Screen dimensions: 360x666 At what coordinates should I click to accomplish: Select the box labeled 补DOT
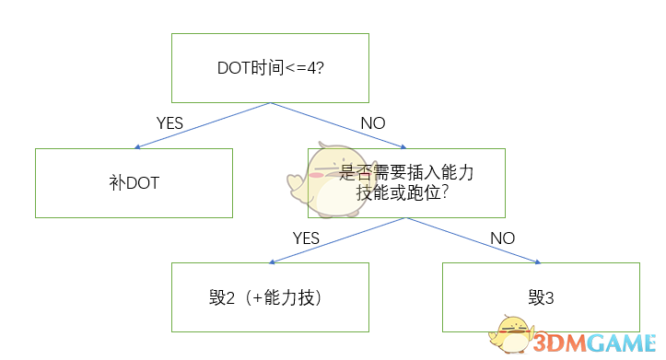134,182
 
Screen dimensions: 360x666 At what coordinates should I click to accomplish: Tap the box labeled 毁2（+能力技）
270,296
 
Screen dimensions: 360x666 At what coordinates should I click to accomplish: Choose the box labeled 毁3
540,296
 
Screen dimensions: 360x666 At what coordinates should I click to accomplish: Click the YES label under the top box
170,122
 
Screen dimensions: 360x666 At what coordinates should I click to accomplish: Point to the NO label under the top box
372,122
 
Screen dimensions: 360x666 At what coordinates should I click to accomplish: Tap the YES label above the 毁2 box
306,238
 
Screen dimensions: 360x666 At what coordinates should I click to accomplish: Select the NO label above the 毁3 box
502,238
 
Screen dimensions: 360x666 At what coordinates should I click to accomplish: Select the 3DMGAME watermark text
594,343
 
